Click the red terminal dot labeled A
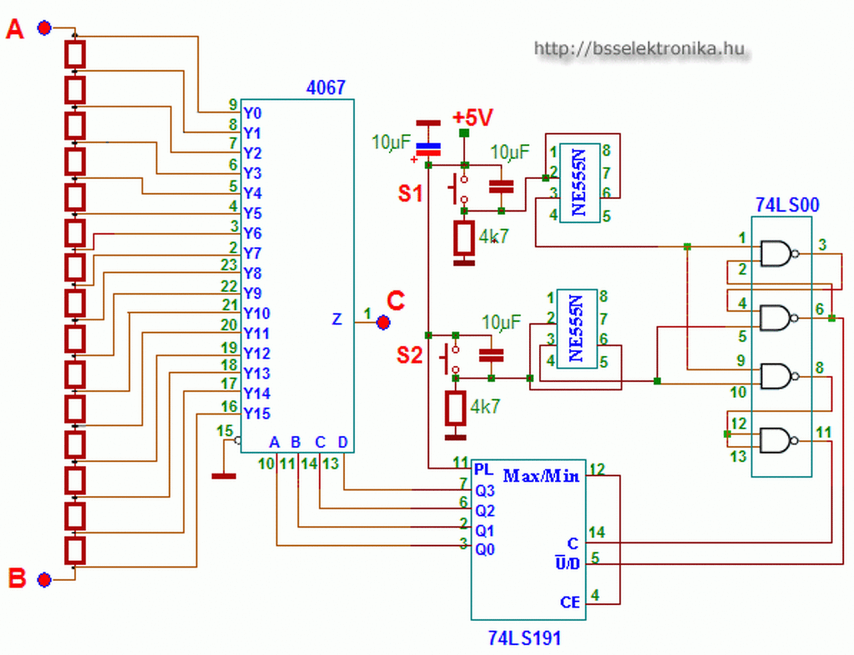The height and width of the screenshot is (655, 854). point(44,28)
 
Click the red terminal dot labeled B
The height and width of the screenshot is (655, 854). point(44,580)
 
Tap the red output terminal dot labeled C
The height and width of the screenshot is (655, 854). point(383,322)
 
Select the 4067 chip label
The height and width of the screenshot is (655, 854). point(326,87)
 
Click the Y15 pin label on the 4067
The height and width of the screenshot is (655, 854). point(257,413)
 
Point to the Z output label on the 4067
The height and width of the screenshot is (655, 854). point(337,319)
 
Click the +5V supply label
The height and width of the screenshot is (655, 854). point(473,117)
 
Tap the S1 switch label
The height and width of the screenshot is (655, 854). point(410,194)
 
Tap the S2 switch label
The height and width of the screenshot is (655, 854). point(409,355)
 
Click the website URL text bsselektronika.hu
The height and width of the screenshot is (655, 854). point(639,49)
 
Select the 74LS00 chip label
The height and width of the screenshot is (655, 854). point(787,204)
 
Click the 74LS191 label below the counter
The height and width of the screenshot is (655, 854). point(524,638)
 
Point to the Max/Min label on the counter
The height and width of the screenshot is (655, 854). point(541,476)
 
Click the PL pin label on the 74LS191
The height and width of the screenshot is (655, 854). point(484,469)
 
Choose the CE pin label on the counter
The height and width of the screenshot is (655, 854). point(570,602)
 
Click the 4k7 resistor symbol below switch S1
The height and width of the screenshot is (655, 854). point(464,238)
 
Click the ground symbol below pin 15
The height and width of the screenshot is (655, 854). point(224,476)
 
